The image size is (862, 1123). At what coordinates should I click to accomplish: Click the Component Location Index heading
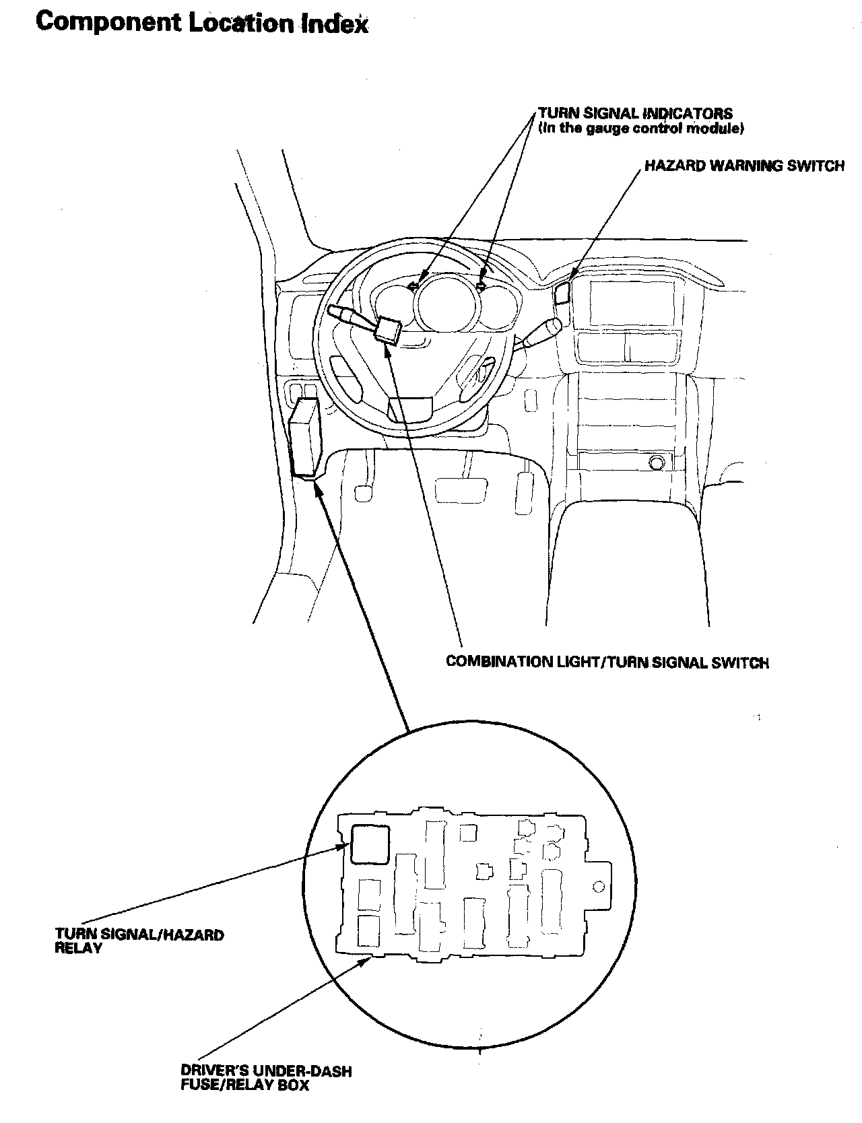point(202,23)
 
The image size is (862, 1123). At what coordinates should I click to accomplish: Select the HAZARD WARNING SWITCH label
point(744,166)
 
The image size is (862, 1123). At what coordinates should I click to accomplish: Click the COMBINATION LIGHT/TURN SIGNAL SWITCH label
point(607,662)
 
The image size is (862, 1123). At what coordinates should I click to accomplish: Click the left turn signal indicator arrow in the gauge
point(414,286)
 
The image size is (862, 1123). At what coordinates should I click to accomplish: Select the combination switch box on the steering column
point(389,329)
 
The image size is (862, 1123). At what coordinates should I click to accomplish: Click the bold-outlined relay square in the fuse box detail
point(368,844)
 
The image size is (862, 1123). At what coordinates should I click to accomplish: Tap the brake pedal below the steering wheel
point(461,489)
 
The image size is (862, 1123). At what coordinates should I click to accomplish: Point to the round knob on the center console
point(656,463)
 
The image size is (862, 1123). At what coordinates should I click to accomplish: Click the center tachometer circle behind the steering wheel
point(447,300)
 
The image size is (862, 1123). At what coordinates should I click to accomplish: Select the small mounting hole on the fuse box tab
point(597,886)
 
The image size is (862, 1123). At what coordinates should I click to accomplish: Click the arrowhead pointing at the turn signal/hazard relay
point(344,848)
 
